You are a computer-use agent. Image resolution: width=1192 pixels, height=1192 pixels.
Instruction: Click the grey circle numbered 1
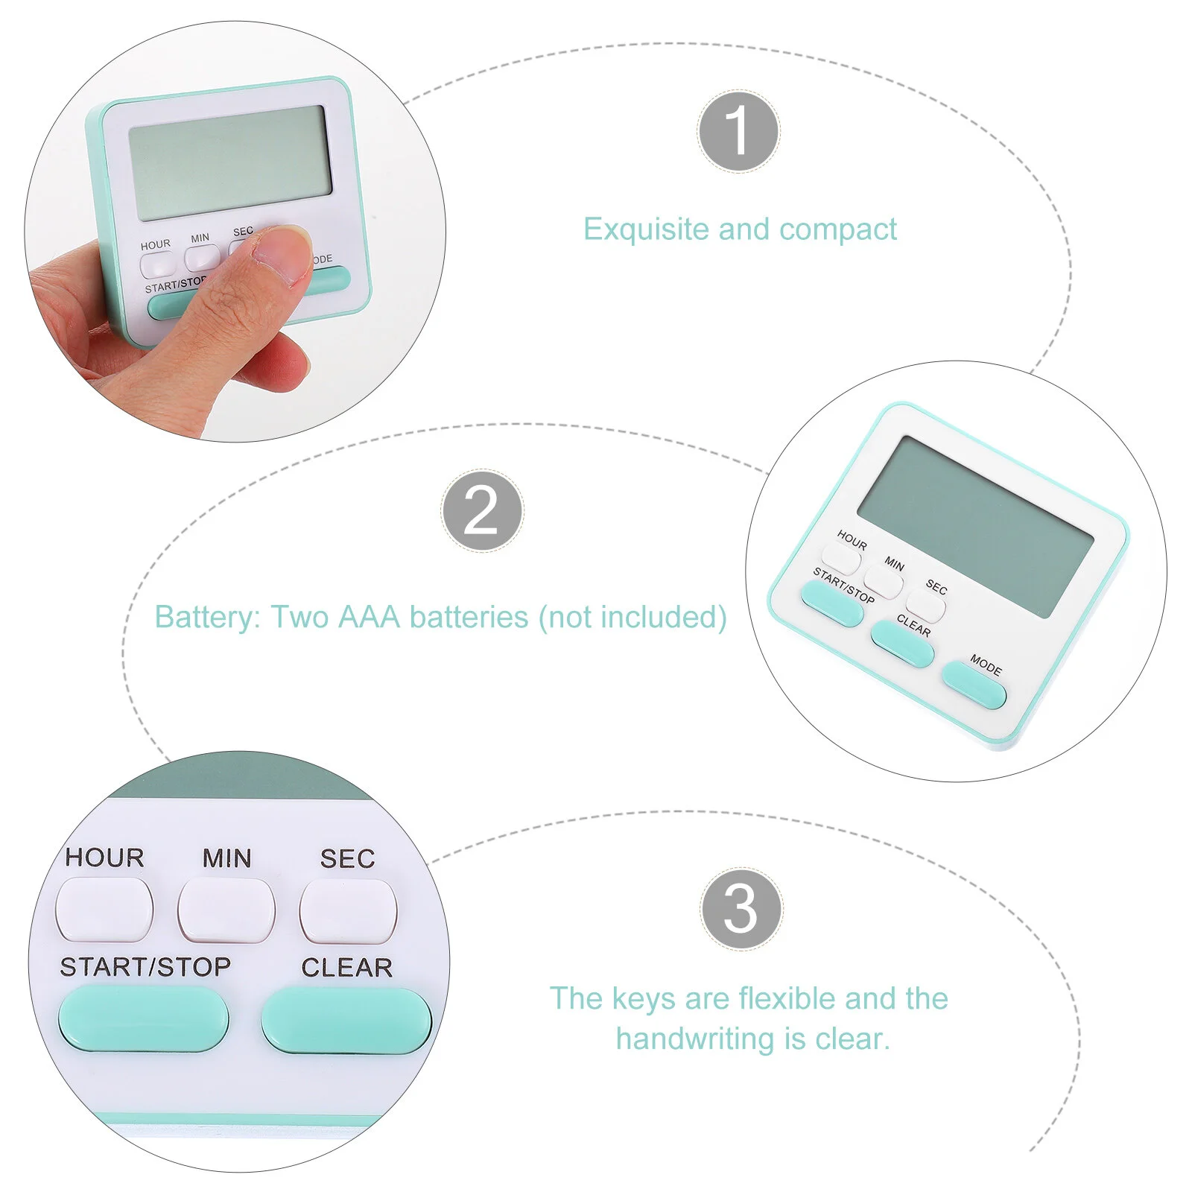(738, 131)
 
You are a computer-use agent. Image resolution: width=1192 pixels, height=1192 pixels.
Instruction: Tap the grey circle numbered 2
(482, 511)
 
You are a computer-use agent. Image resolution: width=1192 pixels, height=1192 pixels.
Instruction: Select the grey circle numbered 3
(741, 908)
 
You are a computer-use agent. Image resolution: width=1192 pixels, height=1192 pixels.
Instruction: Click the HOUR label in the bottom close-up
(104, 857)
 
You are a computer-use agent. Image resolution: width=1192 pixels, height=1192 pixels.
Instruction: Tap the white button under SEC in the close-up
(348, 910)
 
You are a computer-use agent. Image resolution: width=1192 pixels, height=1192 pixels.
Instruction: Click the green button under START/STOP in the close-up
(144, 1018)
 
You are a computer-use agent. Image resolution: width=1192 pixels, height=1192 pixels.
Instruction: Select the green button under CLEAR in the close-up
(346, 1021)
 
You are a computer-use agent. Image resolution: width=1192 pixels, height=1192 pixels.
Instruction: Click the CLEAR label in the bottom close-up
(346, 967)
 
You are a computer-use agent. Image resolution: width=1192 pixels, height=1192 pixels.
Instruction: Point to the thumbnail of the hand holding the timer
(235, 231)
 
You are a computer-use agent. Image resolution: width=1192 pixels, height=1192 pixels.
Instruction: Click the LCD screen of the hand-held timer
(230, 162)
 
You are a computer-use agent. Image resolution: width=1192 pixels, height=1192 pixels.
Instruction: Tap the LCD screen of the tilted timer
(975, 526)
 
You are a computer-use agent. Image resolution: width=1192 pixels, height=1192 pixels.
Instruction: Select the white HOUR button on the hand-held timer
(157, 265)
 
